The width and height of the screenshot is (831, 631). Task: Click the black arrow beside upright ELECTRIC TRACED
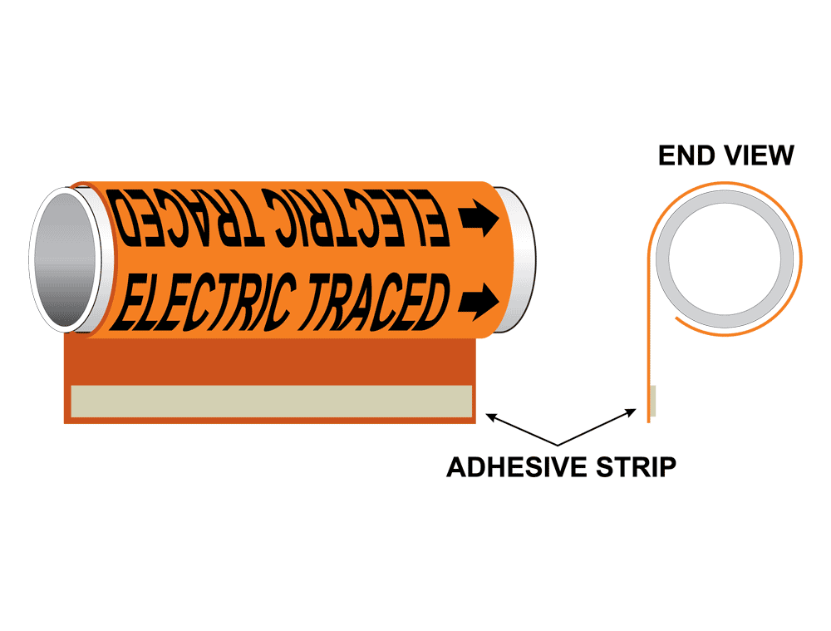(x=478, y=298)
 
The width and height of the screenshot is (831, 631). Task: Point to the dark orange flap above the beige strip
(x=269, y=359)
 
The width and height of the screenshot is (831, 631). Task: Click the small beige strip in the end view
(x=653, y=401)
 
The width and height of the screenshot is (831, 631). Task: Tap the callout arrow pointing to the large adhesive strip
(x=519, y=428)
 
